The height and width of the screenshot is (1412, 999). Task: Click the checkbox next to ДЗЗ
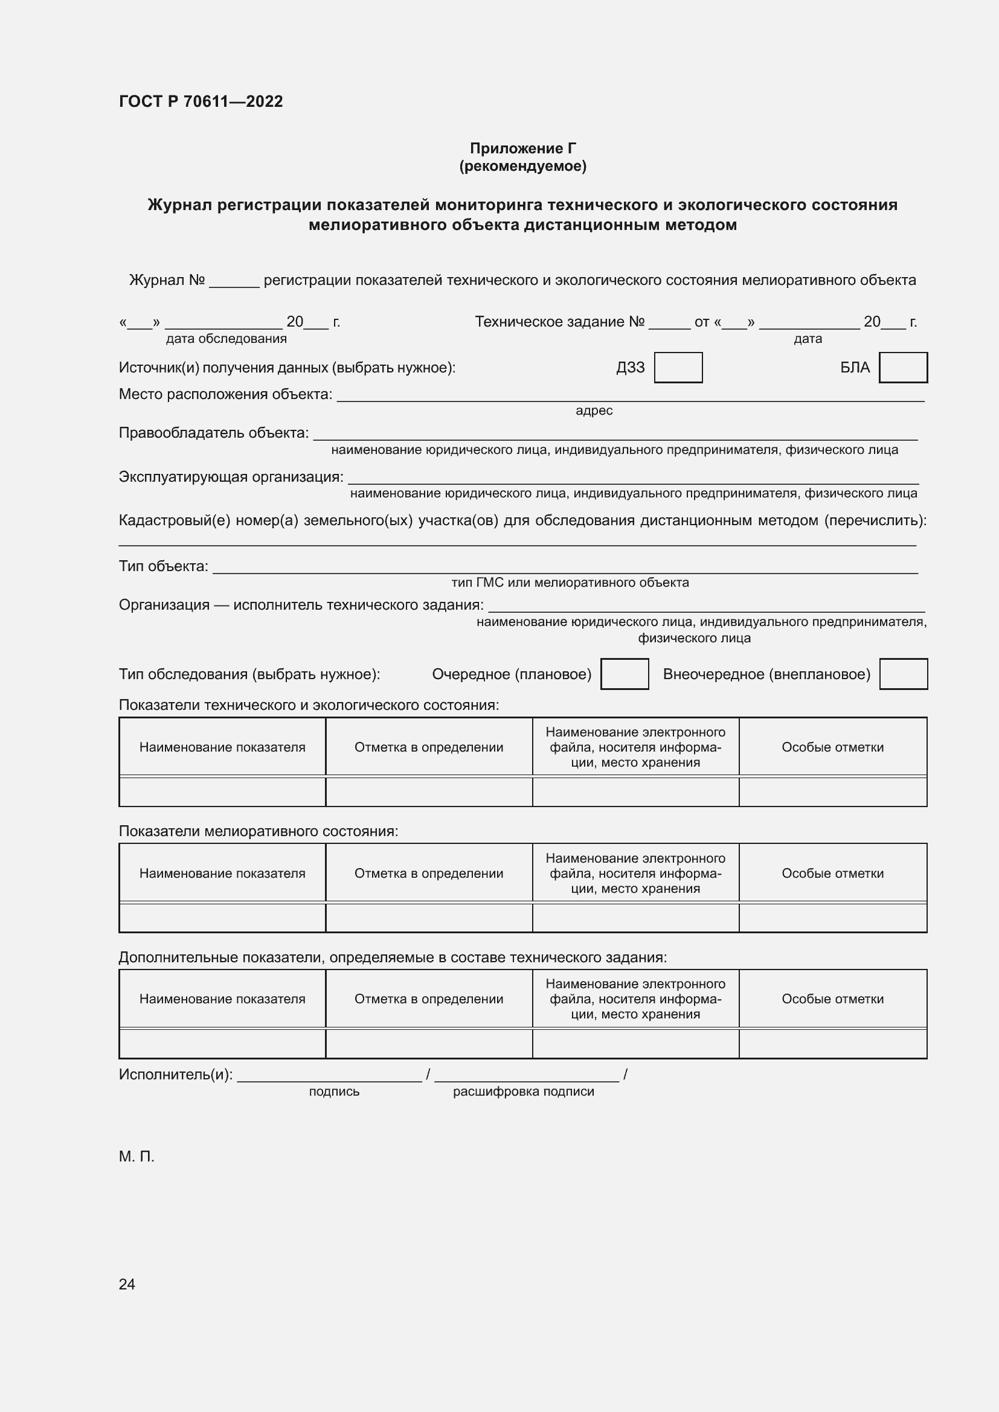678,367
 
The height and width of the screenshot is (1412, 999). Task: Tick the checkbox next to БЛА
903,367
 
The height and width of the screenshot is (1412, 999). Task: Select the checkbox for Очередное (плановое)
625,674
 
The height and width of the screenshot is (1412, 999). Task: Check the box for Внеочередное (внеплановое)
903,674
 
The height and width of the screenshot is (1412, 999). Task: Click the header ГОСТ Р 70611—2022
201,101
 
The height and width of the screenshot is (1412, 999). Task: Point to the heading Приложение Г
522,149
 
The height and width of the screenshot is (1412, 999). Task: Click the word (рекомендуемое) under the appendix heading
522,166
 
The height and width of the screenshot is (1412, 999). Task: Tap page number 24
127,1284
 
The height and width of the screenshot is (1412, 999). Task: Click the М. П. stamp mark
137,1157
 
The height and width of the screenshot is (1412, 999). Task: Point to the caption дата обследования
226,338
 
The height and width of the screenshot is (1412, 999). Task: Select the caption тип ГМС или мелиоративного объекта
570,582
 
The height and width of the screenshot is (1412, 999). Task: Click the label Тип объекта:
163,566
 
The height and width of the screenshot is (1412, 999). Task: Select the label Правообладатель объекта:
213,432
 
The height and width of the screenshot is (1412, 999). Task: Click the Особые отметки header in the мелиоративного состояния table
832,874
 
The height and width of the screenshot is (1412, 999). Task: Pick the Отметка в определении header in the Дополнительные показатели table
428,998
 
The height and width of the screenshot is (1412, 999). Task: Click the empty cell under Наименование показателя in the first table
222,791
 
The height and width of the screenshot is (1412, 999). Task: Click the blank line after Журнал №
234,282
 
